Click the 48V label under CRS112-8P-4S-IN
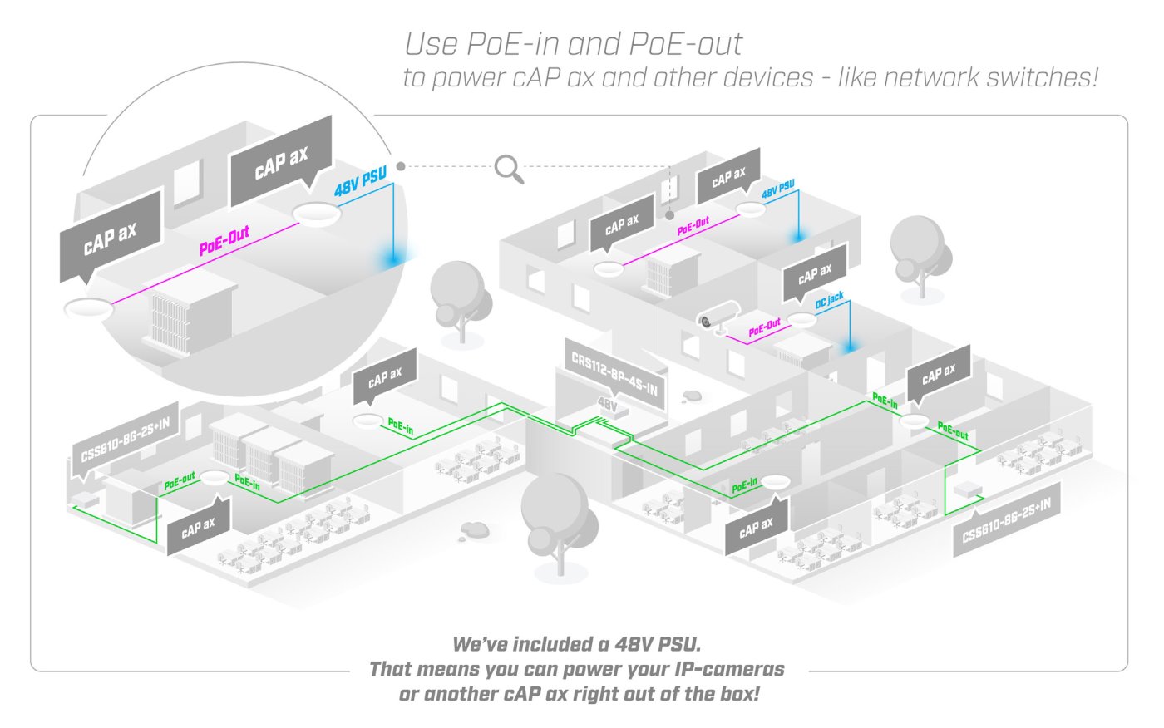(608, 405)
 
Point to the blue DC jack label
(829, 300)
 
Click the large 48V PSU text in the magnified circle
(361, 183)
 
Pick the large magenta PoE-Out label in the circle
(224, 240)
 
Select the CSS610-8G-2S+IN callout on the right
(1006, 519)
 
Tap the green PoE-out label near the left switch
(180, 480)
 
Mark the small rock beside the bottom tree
(475, 529)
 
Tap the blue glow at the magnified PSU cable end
(388, 258)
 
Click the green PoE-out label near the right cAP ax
(953, 430)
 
